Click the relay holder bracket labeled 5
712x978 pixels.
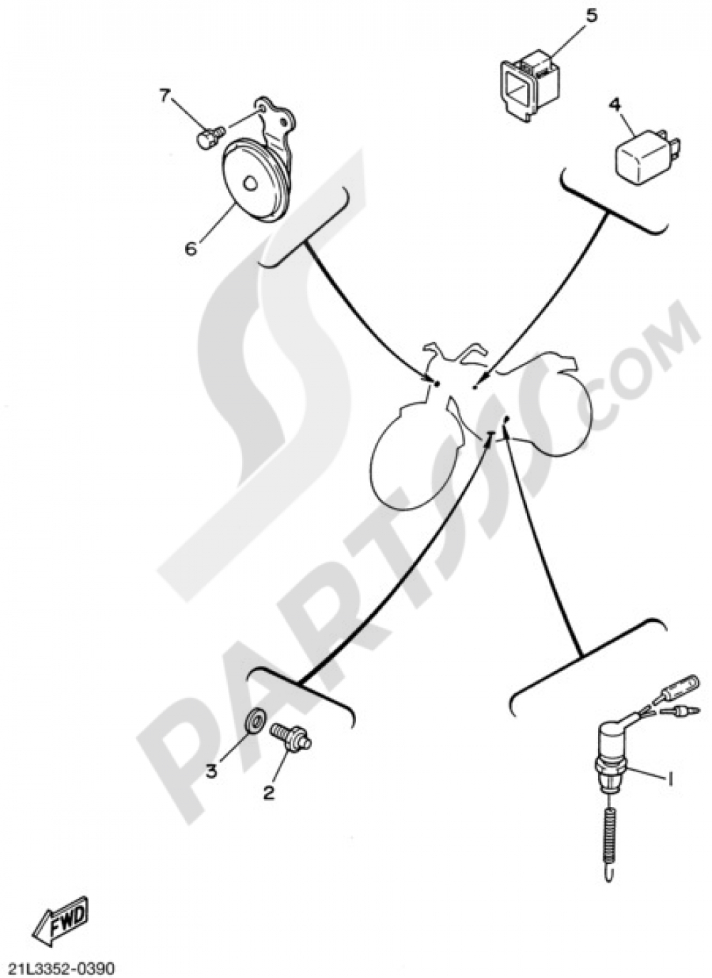[530, 86]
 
